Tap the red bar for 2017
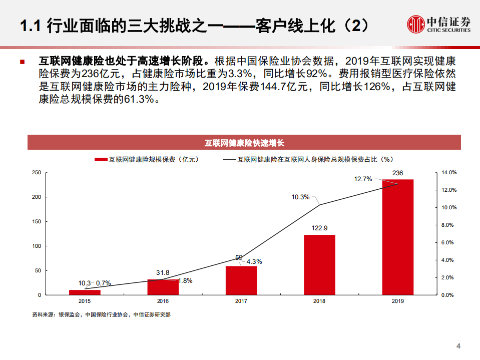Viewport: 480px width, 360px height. coord(241,280)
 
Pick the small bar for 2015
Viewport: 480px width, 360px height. coord(85,292)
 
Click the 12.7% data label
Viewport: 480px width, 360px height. coord(363,179)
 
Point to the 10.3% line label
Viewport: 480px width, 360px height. coord(300,197)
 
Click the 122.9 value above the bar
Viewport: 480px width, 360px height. coord(319,228)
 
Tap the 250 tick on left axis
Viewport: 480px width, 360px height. coord(36,173)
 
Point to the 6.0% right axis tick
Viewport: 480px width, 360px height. coord(448,243)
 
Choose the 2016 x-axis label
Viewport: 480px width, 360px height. coord(163,301)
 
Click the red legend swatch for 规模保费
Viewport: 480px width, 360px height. coord(101,160)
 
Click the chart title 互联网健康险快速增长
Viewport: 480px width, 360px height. coord(244,143)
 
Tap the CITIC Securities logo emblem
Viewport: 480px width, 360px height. coord(415,24)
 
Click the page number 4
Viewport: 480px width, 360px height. coord(458,346)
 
